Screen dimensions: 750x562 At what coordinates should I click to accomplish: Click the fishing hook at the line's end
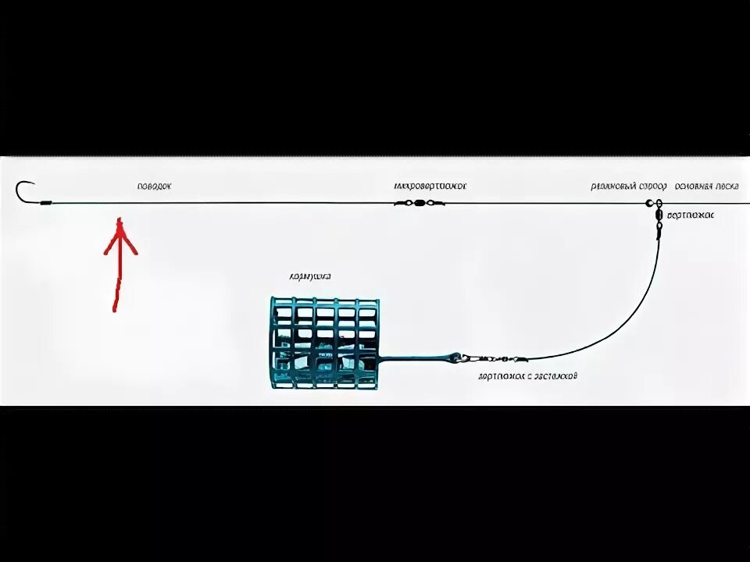25,191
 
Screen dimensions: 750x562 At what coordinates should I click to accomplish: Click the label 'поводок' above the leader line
153,187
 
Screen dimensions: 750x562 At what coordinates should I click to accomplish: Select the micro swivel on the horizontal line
420,203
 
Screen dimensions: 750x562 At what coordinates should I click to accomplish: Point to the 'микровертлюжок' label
430,187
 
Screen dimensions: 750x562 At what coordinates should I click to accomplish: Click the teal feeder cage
324,342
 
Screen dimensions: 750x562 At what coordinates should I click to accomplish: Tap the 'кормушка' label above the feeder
310,276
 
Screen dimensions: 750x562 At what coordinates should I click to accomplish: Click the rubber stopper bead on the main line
649,203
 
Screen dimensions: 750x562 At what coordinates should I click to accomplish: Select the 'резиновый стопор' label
629,187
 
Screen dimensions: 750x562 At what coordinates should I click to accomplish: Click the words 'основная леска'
707,187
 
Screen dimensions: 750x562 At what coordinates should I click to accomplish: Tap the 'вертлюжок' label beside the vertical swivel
691,214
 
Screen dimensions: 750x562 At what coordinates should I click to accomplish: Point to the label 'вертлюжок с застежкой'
528,376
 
